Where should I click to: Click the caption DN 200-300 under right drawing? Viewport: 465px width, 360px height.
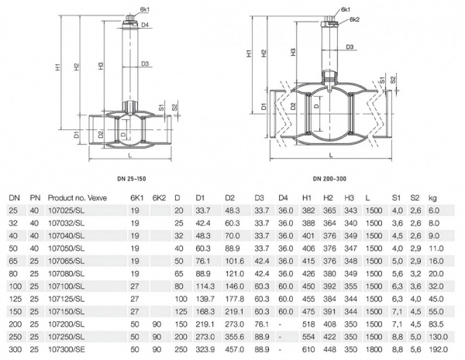pyautogui.click(x=329, y=180)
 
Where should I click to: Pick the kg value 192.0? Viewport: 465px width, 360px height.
pyautogui.click(x=439, y=351)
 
